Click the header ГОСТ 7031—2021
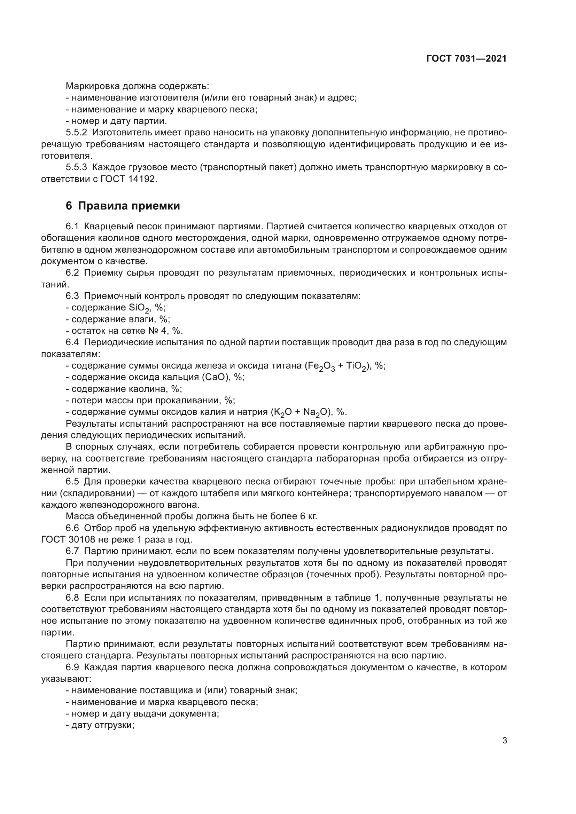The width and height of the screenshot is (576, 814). (466, 59)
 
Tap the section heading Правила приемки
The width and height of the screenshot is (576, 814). (129, 206)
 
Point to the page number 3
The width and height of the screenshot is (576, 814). (505, 740)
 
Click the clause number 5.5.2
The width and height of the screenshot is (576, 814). (76, 133)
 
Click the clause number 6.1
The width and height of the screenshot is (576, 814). (72, 227)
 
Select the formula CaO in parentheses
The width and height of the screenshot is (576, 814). (215, 377)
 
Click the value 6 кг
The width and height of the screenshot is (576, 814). (307, 516)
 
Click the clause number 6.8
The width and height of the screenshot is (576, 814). (72, 598)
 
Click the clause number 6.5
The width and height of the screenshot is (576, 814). (72, 482)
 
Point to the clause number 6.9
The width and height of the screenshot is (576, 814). (72, 667)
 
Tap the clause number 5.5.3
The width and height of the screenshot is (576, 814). (76, 168)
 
